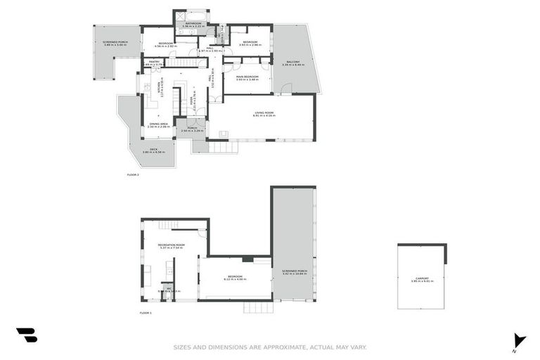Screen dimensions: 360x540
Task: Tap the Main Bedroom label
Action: click(x=247, y=77)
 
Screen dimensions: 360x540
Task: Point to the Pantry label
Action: click(x=154, y=63)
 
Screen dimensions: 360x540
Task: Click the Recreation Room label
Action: click(x=172, y=246)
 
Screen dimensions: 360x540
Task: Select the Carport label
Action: click(x=422, y=279)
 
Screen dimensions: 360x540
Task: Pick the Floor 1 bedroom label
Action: click(x=234, y=277)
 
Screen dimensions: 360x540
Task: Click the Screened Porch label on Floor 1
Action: click(x=295, y=272)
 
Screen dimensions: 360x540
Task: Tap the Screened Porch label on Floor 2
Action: click(x=115, y=42)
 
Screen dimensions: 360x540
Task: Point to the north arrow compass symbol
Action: click(x=519, y=340)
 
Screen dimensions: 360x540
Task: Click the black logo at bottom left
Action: click(x=26, y=335)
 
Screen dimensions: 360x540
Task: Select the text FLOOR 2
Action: click(x=133, y=174)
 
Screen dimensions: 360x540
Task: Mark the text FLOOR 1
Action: click(x=146, y=312)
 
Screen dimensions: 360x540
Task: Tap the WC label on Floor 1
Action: click(x=169, y=289)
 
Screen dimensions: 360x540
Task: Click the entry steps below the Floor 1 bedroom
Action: click(x=253, y=307)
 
